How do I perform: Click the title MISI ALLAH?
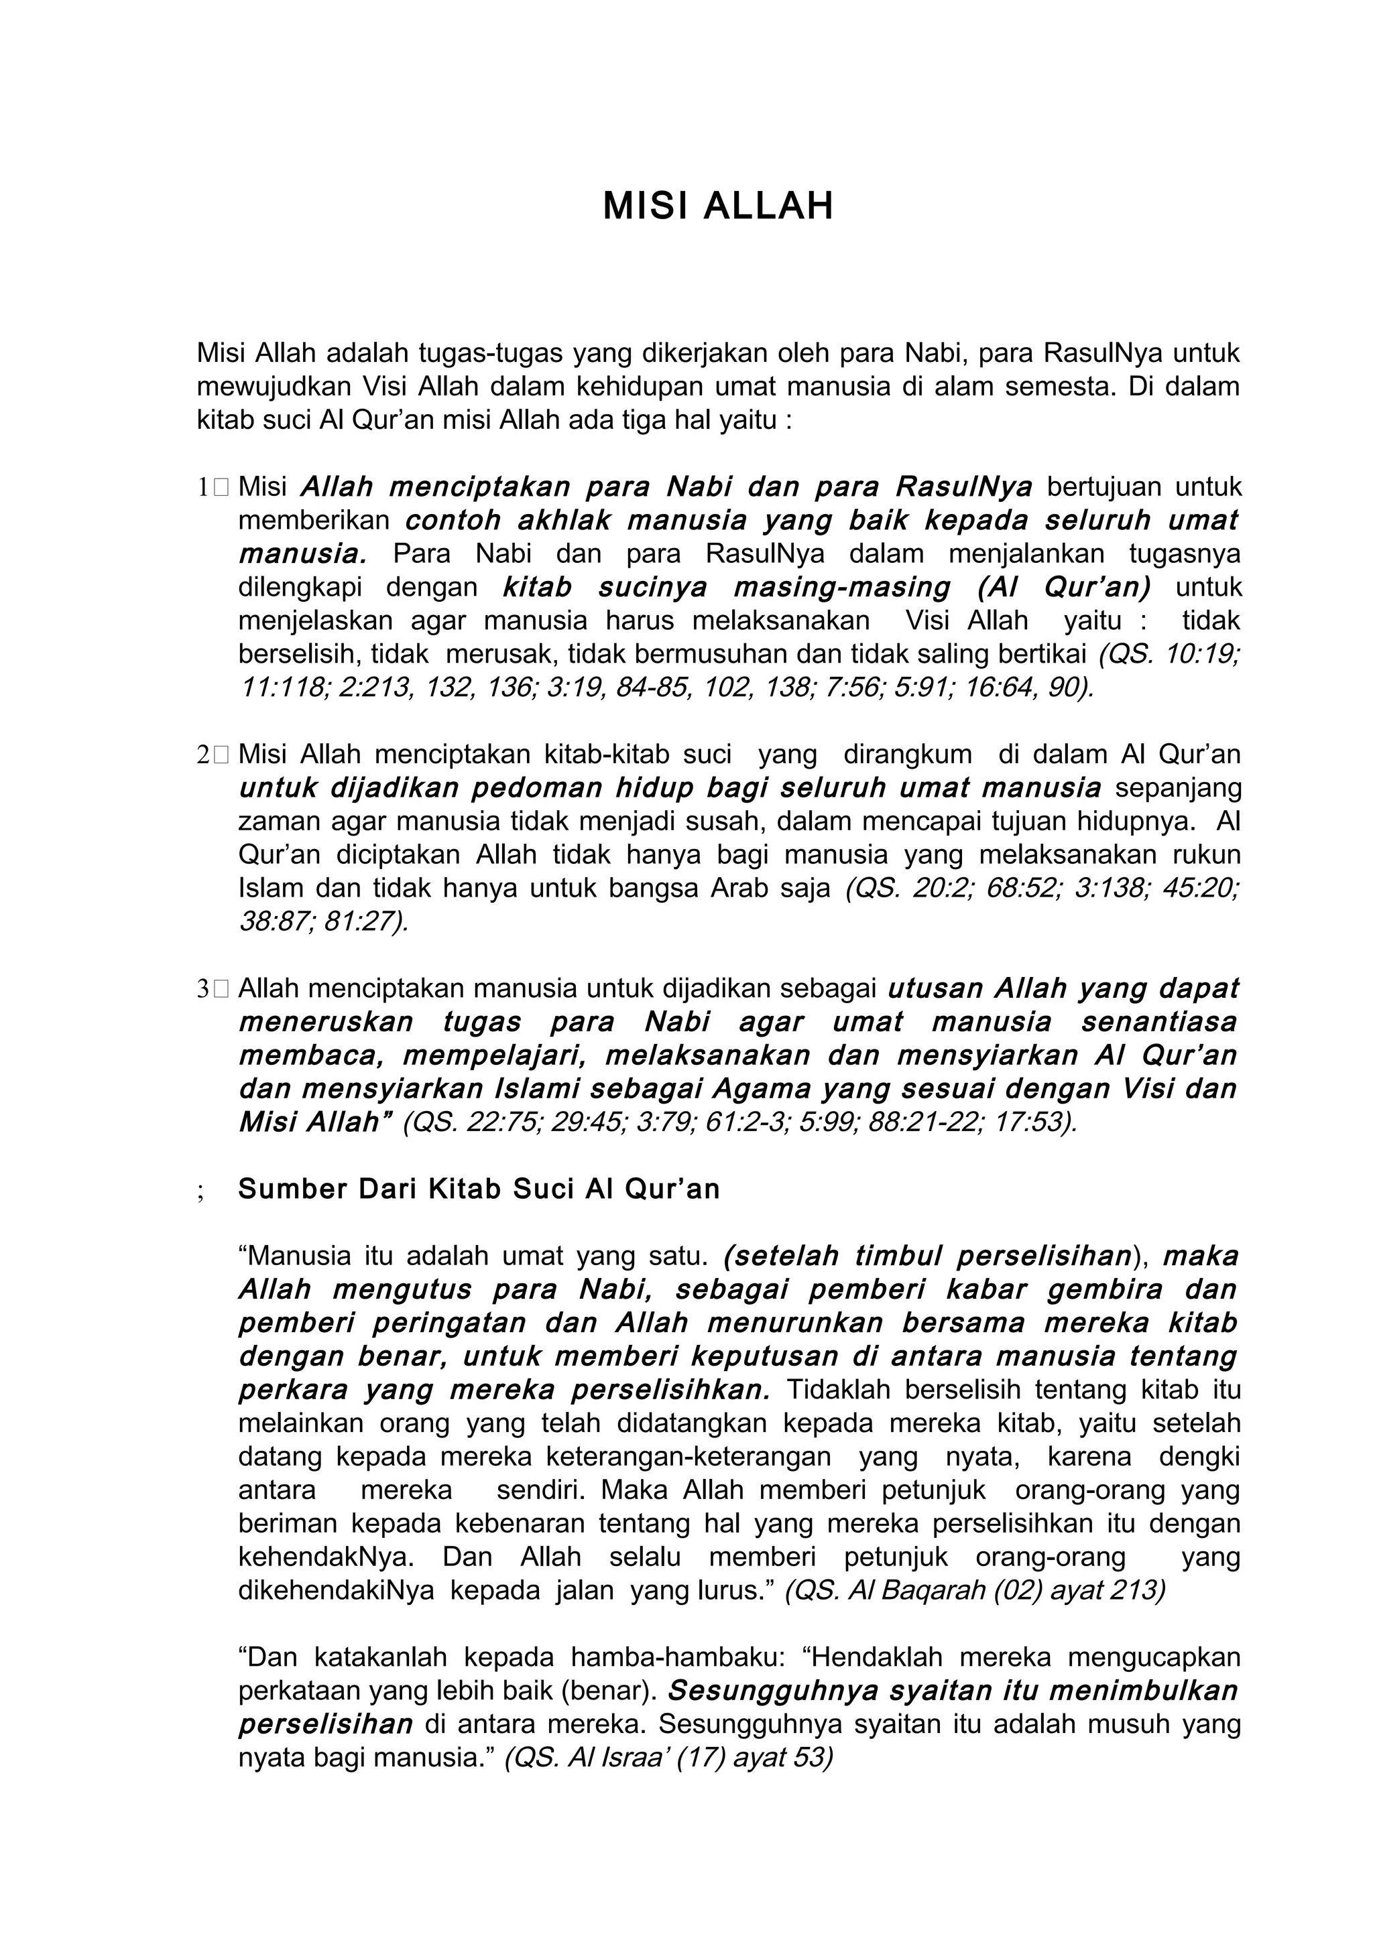pos(718,206)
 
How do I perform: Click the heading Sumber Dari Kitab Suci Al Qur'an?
pos(479,1189)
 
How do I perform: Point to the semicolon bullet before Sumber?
pos(201,1191)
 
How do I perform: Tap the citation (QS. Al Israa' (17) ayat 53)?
pos(669,1758)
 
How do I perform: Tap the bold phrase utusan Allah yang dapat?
pos(1063,989)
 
